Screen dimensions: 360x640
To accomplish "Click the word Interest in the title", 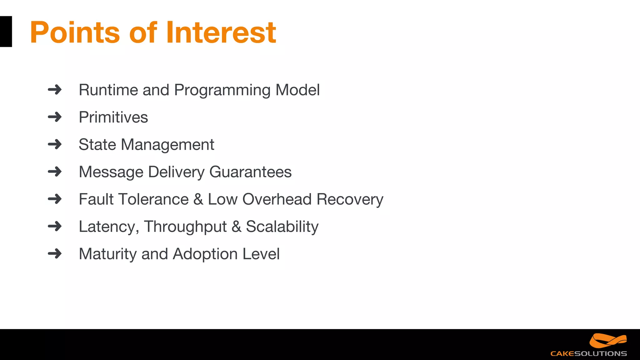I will click(x=221, y=32).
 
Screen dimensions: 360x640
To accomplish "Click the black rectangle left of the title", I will click(x=6, y=32).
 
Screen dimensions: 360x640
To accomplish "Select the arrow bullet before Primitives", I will click(x=55, y=117).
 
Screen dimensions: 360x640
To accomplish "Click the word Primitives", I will click(x=113, y=117).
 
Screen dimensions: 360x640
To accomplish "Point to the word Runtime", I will click(x=108, y=90).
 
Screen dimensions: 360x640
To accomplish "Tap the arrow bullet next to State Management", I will click(x=55, y=144).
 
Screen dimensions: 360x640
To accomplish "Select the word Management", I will click(x=167, y=145).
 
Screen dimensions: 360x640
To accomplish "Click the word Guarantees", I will click(x=250, y=172).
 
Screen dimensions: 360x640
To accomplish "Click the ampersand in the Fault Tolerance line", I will click(x=198, y=199).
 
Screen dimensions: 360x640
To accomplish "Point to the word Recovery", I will click(x=350, y=199).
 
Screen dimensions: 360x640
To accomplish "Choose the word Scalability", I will click(x=282, y=227).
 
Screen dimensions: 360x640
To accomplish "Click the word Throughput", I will click(x=185, y=227).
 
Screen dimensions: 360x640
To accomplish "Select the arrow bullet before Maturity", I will click(x=55, y=253).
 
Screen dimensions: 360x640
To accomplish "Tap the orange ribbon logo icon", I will click(x=607, y=341).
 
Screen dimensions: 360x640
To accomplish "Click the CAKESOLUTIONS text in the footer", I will click(x=588, y=354).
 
